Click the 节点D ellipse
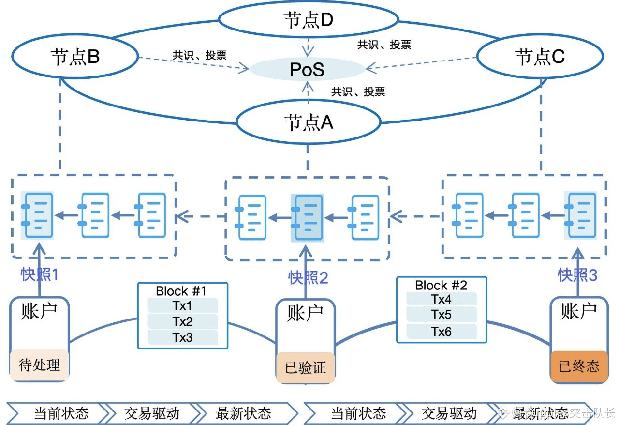[x=309, y=20]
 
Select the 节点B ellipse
[x=75, y=57]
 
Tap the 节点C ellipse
[x=540, y=57]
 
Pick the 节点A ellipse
[x=309, y=122]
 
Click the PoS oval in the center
[x=307, y=70]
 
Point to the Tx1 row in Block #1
[x=182, y=306]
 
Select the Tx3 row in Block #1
[x=182, y=337]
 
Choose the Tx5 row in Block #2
[x=442, y=315]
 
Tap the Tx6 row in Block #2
[x=442, y=331]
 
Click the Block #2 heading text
[x=441, y=285]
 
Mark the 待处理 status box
[x=40, y=364]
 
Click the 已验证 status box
[x=305, y=368]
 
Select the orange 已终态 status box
[x=579, y=366]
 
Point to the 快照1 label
[x=40, y=274]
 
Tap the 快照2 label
[x=309, y=277]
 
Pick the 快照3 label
[x=577, y=275]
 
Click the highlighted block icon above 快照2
[x=307, y=218]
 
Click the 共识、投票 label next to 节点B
[x=199, y=55]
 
